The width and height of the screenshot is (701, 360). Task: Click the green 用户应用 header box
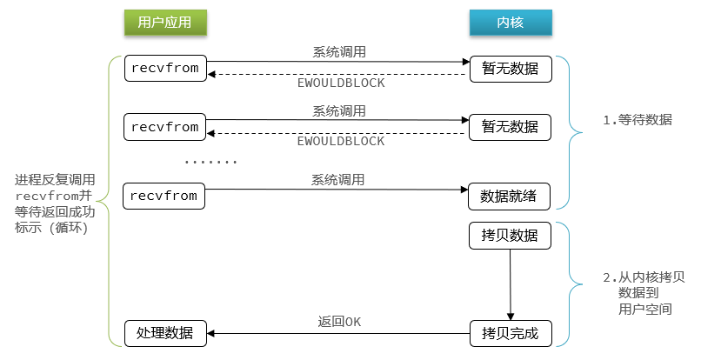164,23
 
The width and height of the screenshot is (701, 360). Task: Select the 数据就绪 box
509,197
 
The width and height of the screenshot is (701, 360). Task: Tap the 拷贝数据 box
509,237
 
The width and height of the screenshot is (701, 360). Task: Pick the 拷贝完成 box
509,332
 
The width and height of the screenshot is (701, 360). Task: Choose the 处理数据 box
165,332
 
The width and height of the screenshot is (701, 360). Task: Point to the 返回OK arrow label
338,321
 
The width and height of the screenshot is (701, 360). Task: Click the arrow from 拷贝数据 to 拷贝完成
510,283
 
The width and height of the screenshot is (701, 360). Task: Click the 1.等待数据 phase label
638,120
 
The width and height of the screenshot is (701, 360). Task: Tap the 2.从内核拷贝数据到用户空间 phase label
644,293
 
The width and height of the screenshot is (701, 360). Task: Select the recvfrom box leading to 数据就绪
165,197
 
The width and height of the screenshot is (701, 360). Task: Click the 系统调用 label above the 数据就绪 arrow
338,180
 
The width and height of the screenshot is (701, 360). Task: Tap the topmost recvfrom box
165,68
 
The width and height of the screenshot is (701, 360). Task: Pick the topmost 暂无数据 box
510,68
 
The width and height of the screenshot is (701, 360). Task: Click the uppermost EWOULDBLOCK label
340,83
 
